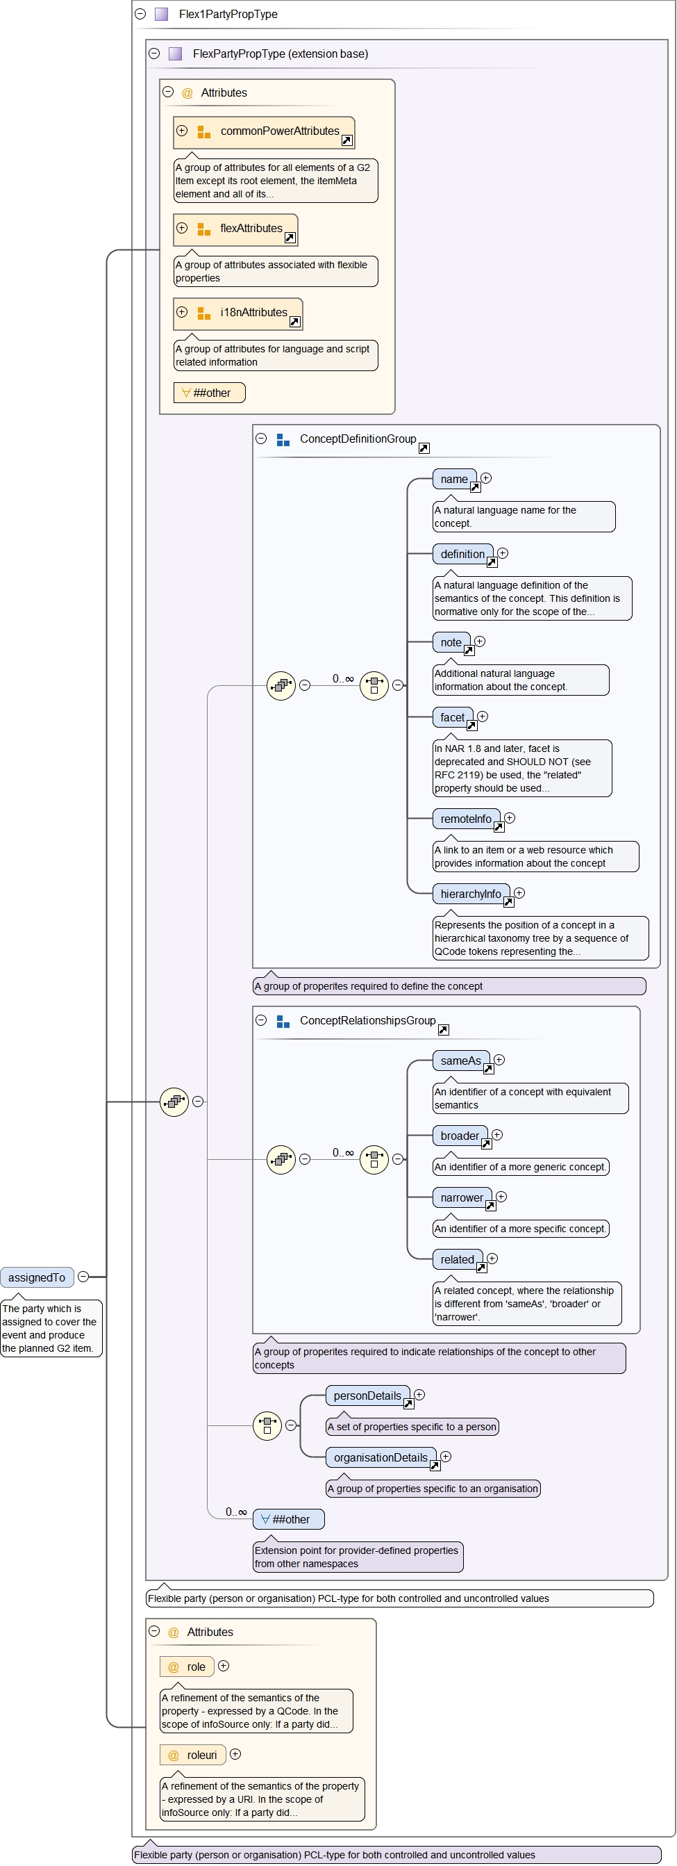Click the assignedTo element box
[x=37, y=1277]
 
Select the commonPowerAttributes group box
[x=265, y=132]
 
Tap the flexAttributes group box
[x=236, y=229]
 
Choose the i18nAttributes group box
[x=238, y=313]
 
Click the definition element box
[x=462, y=554]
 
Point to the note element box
[x=451, y=643]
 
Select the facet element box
[x=453, y=717]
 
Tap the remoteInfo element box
[x=466, y=819]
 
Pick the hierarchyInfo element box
[x=471, y=894]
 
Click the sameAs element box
[x=460, y=1061]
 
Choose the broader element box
[x=460, y=1136]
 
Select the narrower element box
[x=462, y=1197]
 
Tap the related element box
[x=458, y=1259]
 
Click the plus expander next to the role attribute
[x=224, y=1665]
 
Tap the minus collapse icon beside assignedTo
[x=83, y=1277]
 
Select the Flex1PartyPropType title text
[x=228, y=15]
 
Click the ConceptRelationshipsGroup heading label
[x=368, y=1020]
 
